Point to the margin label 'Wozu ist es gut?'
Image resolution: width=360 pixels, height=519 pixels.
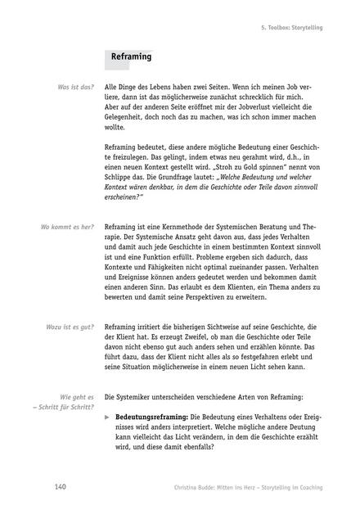click(69, 327)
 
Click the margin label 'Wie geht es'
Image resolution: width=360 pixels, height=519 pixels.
click(79, 396)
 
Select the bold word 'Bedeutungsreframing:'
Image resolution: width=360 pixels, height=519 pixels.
click(151, 417)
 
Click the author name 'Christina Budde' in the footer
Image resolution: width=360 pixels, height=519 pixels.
click(191, 489)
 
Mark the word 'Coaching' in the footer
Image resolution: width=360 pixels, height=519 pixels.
click(307, 489)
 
